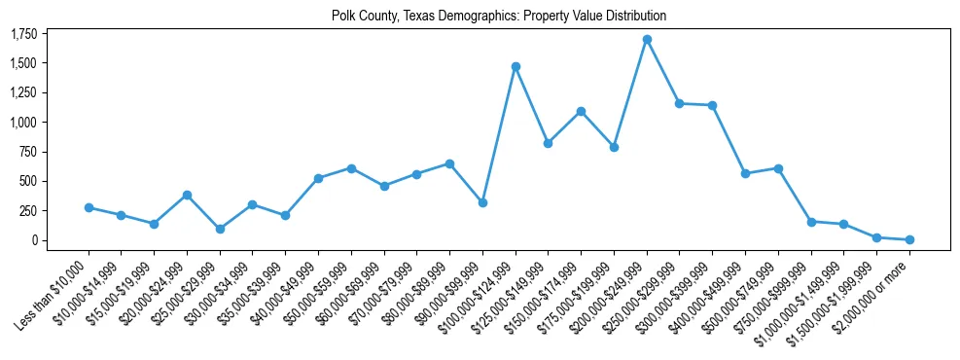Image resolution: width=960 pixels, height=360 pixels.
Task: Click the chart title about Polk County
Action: pyautogui.click(x=499, y=17)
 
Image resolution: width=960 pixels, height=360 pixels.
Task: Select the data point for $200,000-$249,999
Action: pyautogui.click(x=647, y=40)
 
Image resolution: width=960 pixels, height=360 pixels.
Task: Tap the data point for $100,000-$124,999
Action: pyautogui.click(x=516, y=66)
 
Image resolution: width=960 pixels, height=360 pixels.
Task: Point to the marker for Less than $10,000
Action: pyautogui.click(x=89, y=207)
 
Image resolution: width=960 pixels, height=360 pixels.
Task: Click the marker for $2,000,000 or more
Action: pyautogui.click(x=909, y=239)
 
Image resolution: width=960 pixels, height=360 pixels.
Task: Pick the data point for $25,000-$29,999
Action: pyautogui.click(x=220, y=229)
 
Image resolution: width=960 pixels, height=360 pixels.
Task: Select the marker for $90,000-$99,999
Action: pyautogui.click(x=482, y=202)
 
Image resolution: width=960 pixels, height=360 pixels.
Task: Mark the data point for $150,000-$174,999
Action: pyautogui.click(x=581, y=111)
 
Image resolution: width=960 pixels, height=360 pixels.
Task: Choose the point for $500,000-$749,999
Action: pyautogui.click(x=778, y=168)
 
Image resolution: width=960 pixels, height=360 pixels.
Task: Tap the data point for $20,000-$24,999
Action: pyautogui.click(x=187, y=195)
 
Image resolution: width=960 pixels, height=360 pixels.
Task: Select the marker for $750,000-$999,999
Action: pyautogui.click(x=811, y=222)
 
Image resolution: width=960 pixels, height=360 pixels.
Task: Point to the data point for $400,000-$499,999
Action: pyautogui.click(x=745, y=173)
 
